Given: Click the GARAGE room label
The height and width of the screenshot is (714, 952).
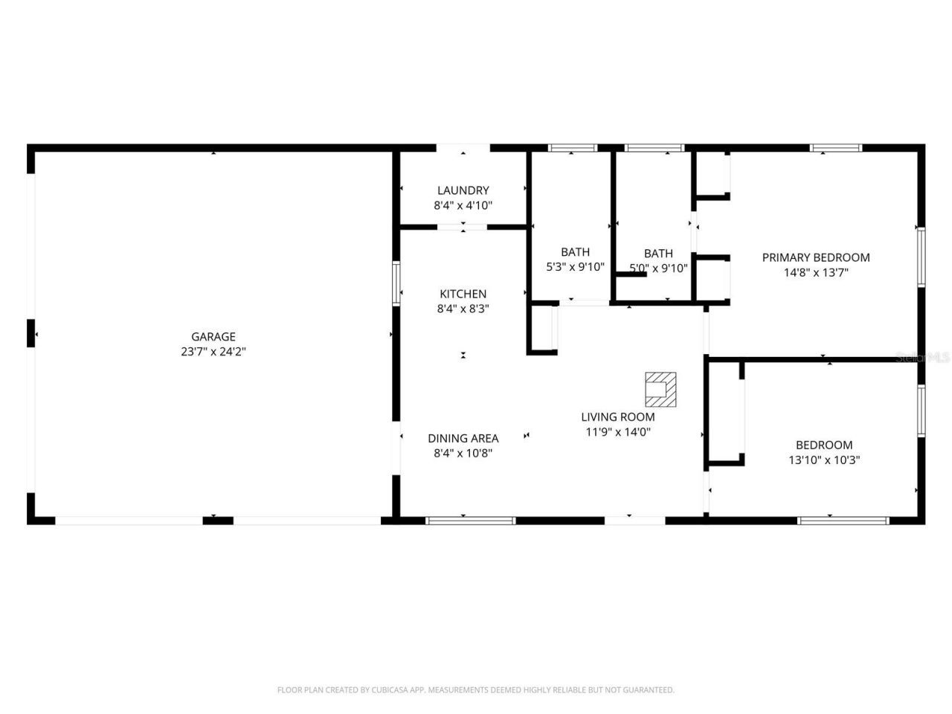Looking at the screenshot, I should click(213, 337).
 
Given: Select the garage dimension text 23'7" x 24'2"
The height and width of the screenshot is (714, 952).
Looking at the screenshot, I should click(213, 352).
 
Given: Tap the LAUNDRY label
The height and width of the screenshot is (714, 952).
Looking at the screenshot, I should click(463, 190).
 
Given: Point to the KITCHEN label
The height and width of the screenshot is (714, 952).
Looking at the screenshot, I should click(463, 294).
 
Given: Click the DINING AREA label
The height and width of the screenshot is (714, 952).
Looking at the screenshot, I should click(463, 438).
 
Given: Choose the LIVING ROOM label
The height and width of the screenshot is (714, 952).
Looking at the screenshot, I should click(617, 417).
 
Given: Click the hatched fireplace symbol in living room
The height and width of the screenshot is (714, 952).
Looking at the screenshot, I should click(660, 388).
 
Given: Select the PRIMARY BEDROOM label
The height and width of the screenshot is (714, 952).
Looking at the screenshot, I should click(816, 257).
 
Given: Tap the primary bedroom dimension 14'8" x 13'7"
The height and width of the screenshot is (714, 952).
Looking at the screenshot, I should click(816, 272).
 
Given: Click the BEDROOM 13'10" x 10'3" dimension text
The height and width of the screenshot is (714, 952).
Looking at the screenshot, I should click(824, 460).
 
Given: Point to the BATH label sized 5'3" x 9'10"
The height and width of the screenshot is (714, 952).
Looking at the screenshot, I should click(575, 252).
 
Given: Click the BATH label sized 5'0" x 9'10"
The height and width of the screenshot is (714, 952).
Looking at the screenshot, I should click(658, 254).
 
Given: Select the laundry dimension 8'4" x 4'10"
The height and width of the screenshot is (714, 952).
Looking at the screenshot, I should click(463, 205).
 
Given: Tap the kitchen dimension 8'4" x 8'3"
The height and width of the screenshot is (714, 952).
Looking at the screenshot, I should click(463, 309).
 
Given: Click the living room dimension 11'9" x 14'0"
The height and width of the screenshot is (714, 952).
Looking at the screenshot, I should click(617, 431).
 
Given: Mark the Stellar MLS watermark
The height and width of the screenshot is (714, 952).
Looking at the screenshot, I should click(922, 358).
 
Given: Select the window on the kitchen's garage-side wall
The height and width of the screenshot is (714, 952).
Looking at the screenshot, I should click(396, 283).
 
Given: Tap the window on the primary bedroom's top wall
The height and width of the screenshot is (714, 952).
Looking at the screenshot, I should click(836, 148).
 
